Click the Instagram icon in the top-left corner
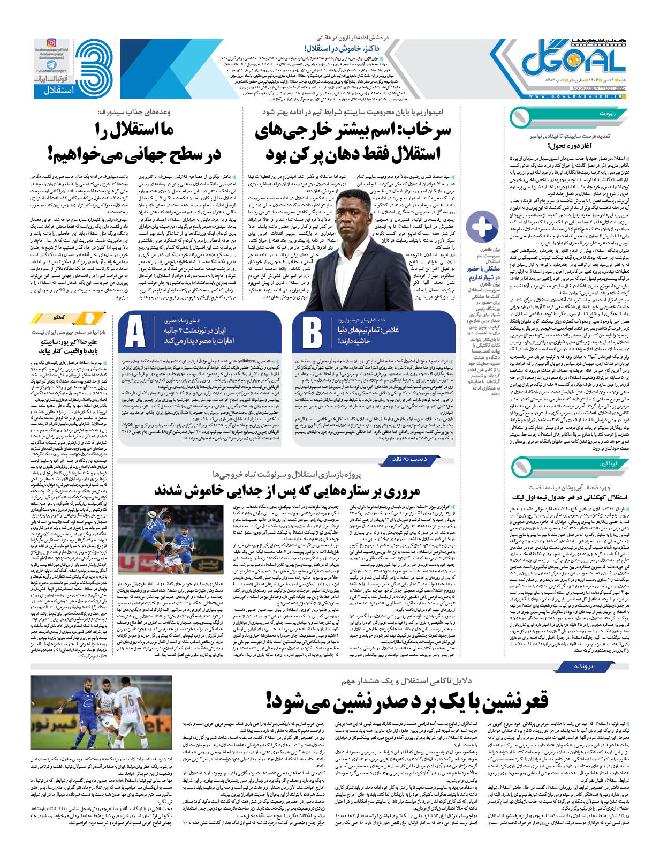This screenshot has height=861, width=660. (x=51, y=42)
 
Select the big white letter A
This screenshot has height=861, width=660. (x=135, y=332)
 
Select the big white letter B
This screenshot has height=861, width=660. (x=312, y=332)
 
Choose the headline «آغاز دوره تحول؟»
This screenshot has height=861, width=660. (x=579, y=145)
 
